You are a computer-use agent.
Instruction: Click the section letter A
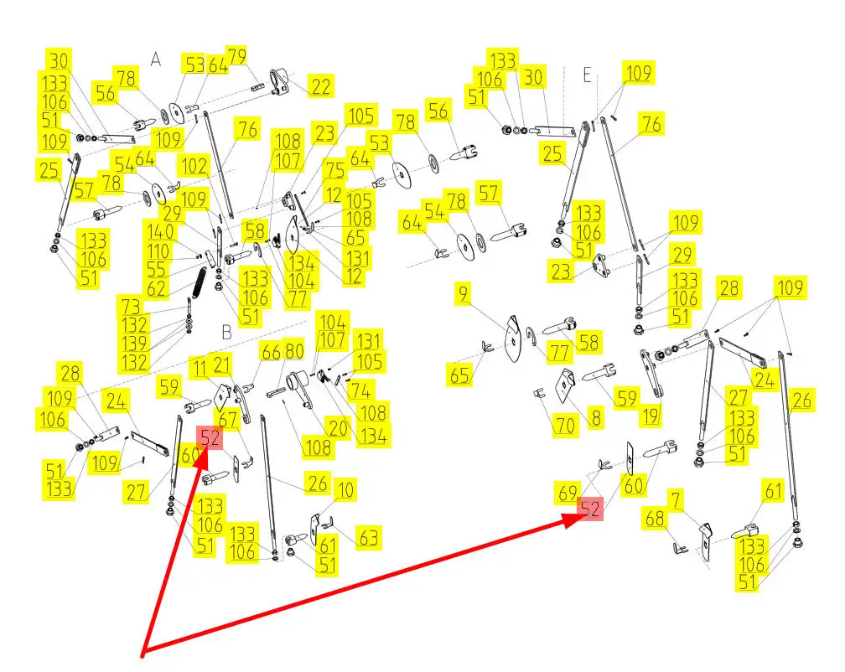click(x=155, y=59)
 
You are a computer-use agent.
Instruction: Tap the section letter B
click(x=226, y=332)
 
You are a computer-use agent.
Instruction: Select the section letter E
click(x=588, y=75)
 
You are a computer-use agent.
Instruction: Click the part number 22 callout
click(x=320, y=85)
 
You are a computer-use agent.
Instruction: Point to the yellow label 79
click(x=237, y=57)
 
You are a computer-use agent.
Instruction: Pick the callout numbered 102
click(x=194, y=166)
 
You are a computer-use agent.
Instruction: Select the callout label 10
click(x=345, y=489)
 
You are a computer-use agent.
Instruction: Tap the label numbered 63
click(x=369, y=537)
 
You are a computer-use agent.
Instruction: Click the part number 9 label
click(x=464, y=294)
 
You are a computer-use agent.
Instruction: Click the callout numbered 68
click(x=655, y=520)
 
